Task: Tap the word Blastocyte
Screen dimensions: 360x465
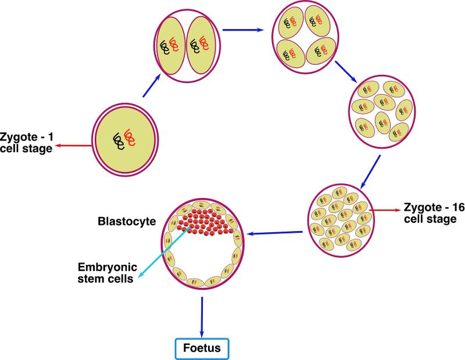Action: (x=131, y=221)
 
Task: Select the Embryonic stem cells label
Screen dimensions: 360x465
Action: (x=108, y=273)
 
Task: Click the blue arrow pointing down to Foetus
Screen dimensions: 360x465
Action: (x=202, y=316)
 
